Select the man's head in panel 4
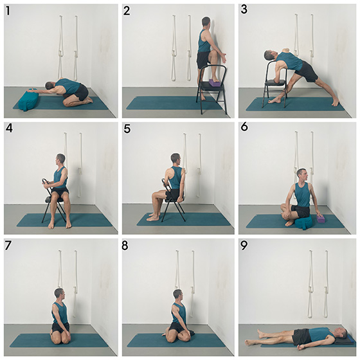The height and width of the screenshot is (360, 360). [60, 159]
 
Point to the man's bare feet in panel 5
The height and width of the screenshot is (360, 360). [152, 217]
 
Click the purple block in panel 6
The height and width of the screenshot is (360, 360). [320, 220]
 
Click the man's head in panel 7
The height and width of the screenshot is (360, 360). [60, 294]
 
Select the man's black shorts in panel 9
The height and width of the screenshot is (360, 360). [301, 336]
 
